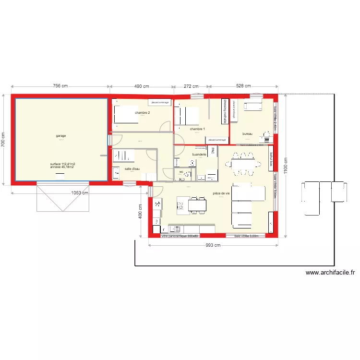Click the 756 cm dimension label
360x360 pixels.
pyautogui.click(x=60, y=86)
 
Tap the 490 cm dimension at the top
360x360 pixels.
pyautogui.click(x=141, y=86)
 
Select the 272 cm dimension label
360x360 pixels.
pyautogui.click(x=191, y=86)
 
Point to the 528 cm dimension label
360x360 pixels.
pyautogui.click(x=243, y=86)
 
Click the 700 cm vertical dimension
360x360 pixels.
pyautogui.click(x=4, y=140)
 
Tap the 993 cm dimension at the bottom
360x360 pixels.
pyautogui.click(x=213, y=246)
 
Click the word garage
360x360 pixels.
pyautogui.click(x=61, y=136)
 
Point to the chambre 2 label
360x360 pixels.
pyautogui.click(x=142, y=113)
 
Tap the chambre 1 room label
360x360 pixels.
pyautogui.click(x=197, y=129)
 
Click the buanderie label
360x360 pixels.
pyautogui.click(x=199, y=155)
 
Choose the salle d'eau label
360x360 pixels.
pyautogui.click(x=132, y=169)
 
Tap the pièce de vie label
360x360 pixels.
pyautogui.click(x=221, y=193)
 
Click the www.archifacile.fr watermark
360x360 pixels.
pyautogui.click(x=330, y=273)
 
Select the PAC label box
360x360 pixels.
pyautogui.click(x=213, y=151)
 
